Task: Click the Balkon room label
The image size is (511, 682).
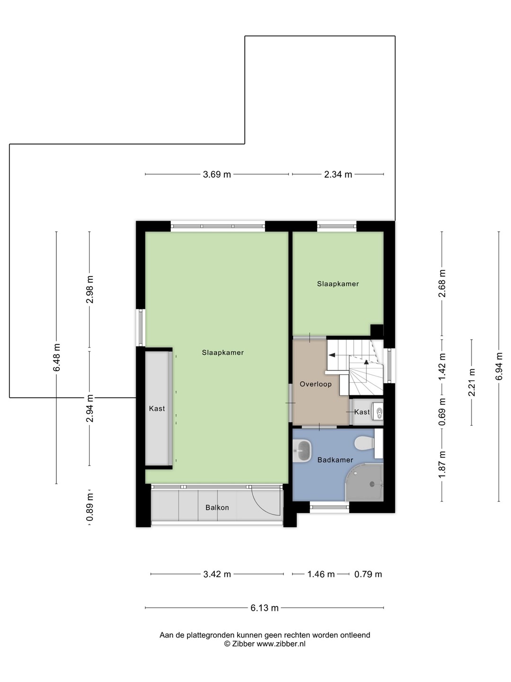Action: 217,507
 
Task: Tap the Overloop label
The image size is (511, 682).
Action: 316,384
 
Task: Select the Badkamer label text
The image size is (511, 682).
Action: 335,460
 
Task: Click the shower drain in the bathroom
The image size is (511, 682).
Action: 372,484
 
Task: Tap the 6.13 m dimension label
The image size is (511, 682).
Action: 264,608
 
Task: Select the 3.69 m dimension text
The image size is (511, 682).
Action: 217,174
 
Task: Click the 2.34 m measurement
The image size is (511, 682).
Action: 338,174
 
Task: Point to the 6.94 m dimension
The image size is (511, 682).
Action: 499,366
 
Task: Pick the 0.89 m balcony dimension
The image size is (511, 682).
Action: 90,507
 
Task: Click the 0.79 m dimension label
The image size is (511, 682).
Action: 368,574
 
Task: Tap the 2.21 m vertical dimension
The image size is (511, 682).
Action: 472,382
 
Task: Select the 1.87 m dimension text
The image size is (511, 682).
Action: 442,465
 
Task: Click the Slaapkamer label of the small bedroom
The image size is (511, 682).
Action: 338,284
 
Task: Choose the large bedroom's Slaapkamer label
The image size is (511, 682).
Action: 223,352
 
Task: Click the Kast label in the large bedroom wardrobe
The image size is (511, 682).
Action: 157,408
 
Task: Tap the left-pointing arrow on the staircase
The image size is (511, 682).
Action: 333,355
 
